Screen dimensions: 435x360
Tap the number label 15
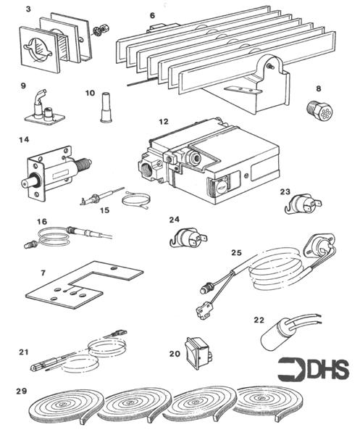coord(105,211)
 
